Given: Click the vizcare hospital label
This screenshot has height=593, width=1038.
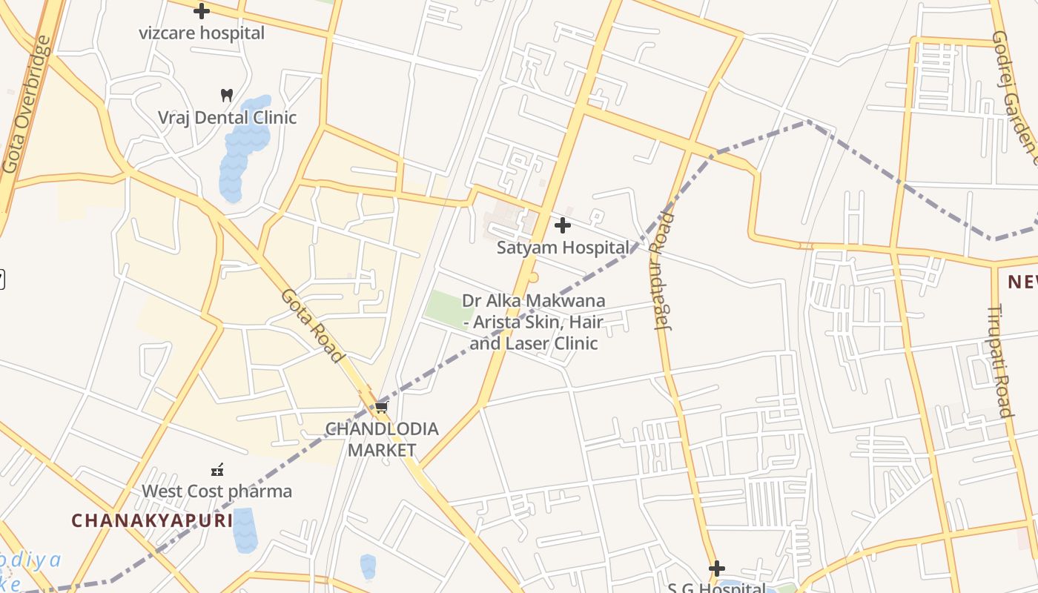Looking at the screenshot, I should pos(202,33).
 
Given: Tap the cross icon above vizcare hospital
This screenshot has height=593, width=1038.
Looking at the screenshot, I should pos(201,11).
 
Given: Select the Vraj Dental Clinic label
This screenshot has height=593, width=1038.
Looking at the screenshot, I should pos(227,118).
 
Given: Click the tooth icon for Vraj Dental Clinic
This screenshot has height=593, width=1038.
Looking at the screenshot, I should pos(227,95).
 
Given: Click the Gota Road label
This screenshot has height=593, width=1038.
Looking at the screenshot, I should pos(312,325).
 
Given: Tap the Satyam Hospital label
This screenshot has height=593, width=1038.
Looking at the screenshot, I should pos(563,248).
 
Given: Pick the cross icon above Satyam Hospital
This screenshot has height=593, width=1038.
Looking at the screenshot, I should pos(563,225).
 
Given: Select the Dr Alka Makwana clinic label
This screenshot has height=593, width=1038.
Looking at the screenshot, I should pos(534,322).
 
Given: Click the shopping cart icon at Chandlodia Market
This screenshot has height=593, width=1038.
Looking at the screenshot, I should pos(381,407).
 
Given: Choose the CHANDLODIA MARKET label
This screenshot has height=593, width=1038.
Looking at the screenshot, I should pos(382,440).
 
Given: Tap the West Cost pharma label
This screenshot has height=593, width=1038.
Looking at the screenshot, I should pos(216,491).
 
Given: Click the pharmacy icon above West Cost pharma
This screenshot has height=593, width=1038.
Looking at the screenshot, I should pos(217,469).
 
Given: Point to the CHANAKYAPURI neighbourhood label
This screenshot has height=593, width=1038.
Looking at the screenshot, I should pos(152,520).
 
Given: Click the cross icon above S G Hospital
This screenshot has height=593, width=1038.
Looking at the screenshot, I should pos(716,569).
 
